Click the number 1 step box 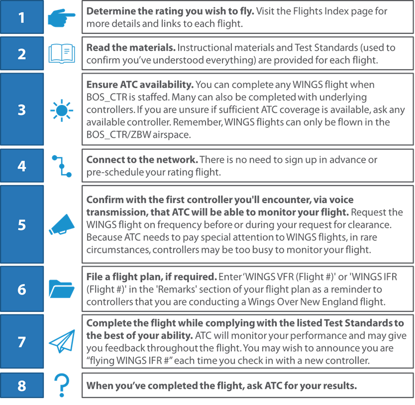[21, 17]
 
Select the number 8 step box [21, 385]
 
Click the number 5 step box [21, 224]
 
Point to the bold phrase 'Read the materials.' [130, 48]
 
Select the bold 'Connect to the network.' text [142, 160]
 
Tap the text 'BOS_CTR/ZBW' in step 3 [117, 135]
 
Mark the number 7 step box [21, 342]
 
